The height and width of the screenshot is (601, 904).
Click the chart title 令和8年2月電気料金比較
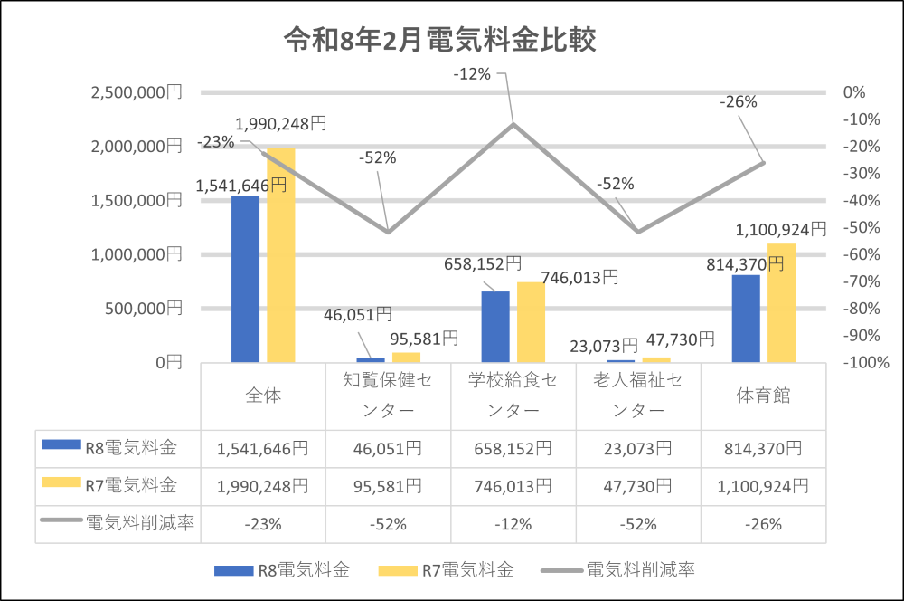(439, 41)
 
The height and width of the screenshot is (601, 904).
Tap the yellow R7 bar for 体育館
(781, 302)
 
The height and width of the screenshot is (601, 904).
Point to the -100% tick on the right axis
(866, 363)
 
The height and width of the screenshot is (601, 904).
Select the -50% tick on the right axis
(864, 227)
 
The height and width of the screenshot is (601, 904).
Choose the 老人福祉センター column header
(638, 396)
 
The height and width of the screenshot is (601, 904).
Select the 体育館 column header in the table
(764, 396)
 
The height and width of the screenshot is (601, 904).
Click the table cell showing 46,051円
(388, 448)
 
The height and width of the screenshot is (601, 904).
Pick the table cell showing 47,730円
(638, 486)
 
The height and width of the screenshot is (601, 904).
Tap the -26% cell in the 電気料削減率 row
(764, 524)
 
